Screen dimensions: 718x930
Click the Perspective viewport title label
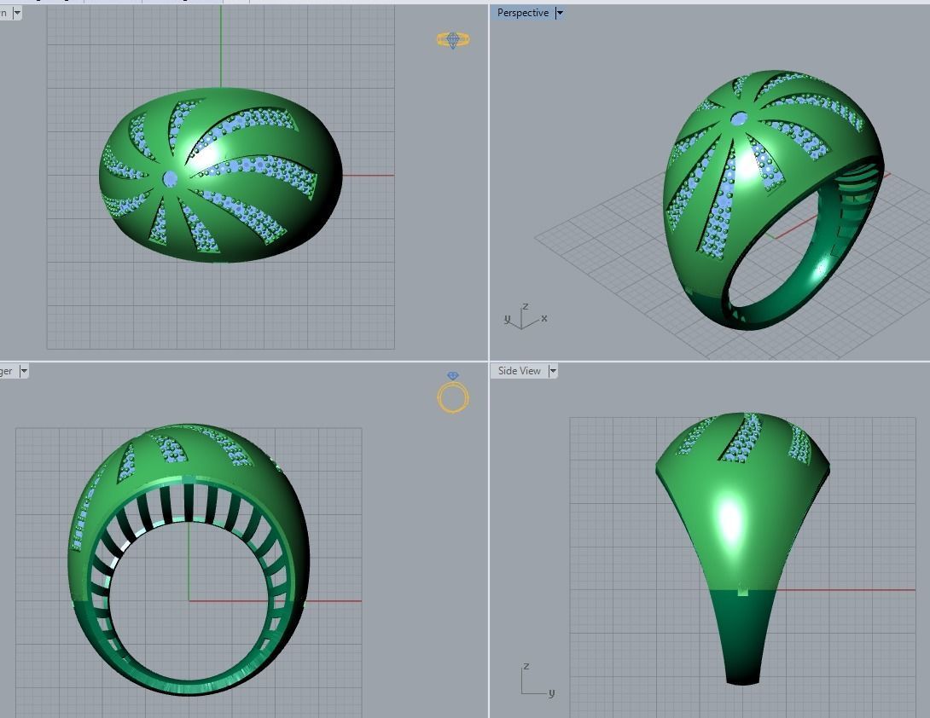(x=523, y=13)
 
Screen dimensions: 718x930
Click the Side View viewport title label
(x=519, y=371)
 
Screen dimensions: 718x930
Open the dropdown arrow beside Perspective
(x=560, y=13)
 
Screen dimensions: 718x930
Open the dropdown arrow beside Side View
(x=553, y=371)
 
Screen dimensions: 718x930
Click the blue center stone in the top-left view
(x=170, y=178)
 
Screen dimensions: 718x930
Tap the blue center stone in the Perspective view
(x=739, y=119)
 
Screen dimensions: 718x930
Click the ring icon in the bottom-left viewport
(x=453, y=397)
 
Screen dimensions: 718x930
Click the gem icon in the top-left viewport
(x=452, y=39)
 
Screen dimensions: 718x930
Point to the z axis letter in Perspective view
(x=526, y=306)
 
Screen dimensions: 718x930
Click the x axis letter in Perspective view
(x=544, y=318)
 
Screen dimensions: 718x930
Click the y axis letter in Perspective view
(x=507, y=319)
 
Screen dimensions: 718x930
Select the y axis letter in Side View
(x=552, y=693)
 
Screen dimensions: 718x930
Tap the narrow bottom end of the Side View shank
(x=742, y=679)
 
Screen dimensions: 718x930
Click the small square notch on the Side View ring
(x=742, y=590)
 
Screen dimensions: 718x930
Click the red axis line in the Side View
(x=845, y=589)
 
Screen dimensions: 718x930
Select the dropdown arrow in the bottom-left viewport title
(x=24, y=371)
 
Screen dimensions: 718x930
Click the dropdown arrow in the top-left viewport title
(x=17, y=13)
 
